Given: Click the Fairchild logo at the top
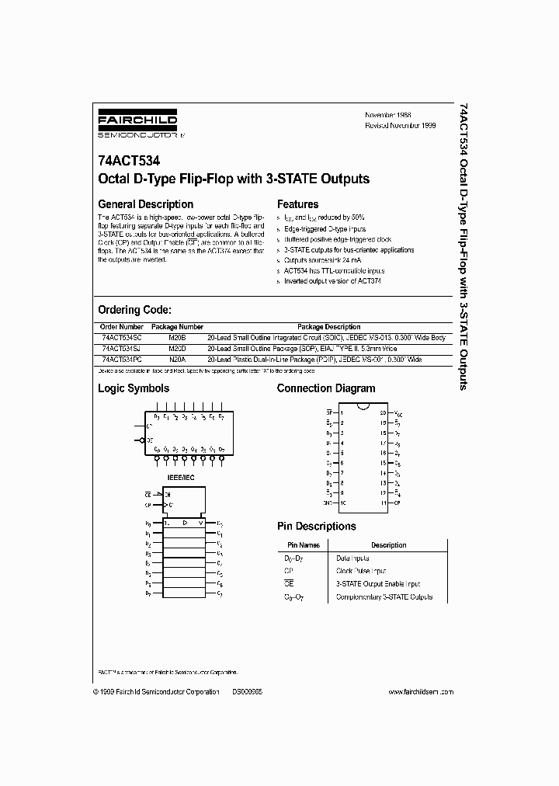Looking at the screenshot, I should pyautogui.click(x=137, y=123).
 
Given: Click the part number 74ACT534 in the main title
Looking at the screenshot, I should pyautogui.click(x=129, y=163).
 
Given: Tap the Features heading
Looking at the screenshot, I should pyautogui.click(x=298, y=204).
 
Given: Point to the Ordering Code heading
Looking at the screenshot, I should pyautogui.click(x=140, y=309).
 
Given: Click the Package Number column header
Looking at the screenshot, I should pyautogui.click(x=177, y=327).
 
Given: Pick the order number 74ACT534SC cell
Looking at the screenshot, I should pyautogui.click(x=121, y=338).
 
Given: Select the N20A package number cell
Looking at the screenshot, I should pyautogui.click(x=177, y=360).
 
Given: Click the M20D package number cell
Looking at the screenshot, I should pyautogui.click(x=177, y=349).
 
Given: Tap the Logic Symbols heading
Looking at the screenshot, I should pyautogui.click(x=133, y=388).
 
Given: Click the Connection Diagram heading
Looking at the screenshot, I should pyautogui.click(x=326, y=388).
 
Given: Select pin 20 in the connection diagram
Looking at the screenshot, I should pyautogui.click(x=383, y=412).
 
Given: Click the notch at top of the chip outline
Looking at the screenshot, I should pyautogui.click(x=362, y=406).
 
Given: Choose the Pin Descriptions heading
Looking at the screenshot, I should pyautogui.click(x=316, y=526).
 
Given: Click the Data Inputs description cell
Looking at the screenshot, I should pyautogui.click(x=352, y=558).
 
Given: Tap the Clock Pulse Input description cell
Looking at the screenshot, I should pyautogui.click(x=362, y=570).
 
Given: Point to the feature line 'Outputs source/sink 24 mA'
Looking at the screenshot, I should pyautogui.click(x=319, y=261).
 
